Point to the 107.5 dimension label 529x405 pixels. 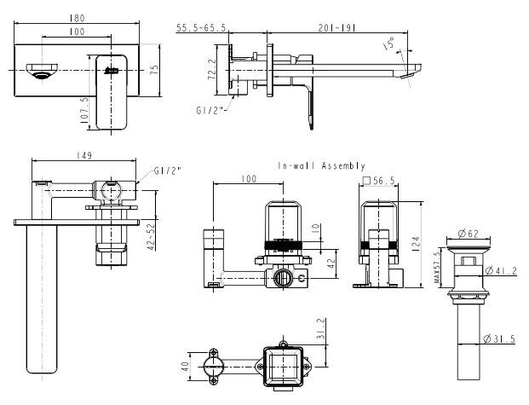83,111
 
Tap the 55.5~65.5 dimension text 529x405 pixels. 202,28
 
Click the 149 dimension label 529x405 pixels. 83,155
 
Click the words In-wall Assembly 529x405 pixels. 322,165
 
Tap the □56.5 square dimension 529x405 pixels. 377,181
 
